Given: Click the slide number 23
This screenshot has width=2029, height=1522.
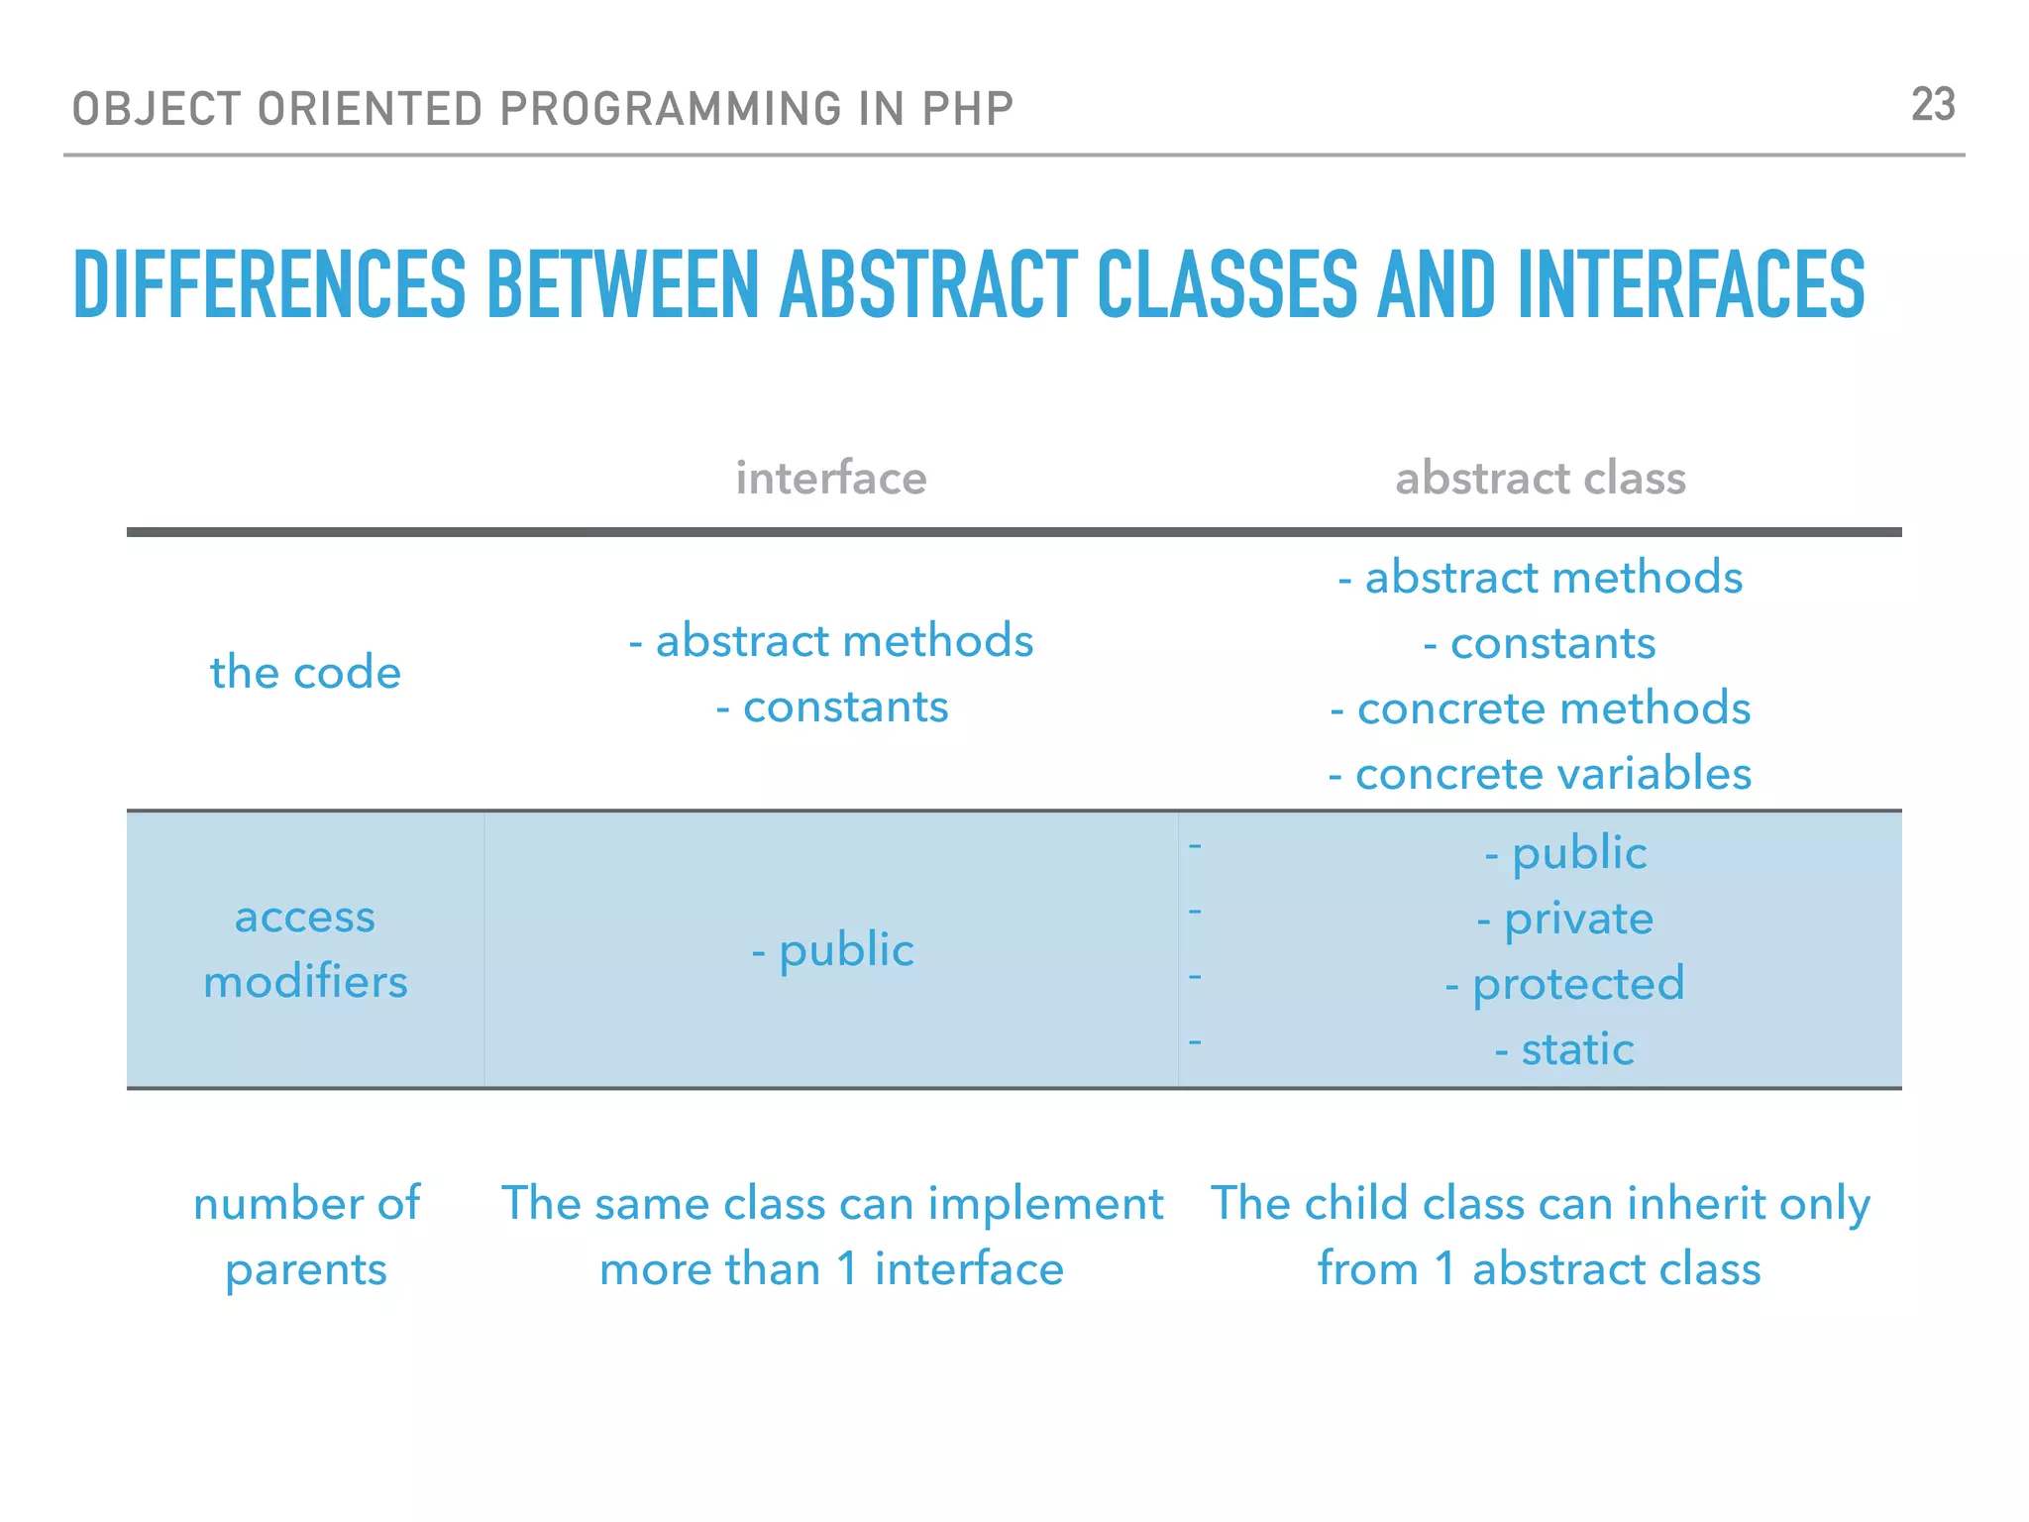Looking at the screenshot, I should (x=1932, y=105).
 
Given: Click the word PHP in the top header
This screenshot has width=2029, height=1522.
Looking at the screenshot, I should (x=967, y=109).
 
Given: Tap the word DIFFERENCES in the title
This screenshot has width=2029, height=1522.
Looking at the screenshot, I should (x=269, y=285).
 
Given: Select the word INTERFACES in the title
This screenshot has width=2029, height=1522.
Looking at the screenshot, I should (x=1690, y=285).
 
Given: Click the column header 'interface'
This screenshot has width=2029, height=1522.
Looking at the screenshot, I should (x=830, y=479).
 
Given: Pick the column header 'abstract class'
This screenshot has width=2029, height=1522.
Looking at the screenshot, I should (x=1540, y=479).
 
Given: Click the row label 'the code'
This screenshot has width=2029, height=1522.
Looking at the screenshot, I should (x=305, y=673).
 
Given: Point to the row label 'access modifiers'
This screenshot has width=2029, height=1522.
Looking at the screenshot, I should (x=305, y=949).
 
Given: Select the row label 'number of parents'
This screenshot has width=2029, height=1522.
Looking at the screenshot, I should (x=305, y=1236).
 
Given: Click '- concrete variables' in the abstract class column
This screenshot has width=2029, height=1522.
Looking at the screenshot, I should (x=1540, y=774).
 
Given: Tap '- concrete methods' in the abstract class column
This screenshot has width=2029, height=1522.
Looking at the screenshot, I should (x=1540, y=708).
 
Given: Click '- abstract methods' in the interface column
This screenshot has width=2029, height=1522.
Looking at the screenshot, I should (x=830, y=641).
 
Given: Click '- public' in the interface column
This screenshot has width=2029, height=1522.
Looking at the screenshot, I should (x=832, y=950).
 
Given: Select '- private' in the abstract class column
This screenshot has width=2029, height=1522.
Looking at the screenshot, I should (x=1564, y=919).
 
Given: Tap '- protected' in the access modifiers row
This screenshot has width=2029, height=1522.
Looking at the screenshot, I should (x=1564, y=984).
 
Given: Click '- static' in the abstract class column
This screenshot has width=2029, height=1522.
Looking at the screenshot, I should (x=1564, y=1049).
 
